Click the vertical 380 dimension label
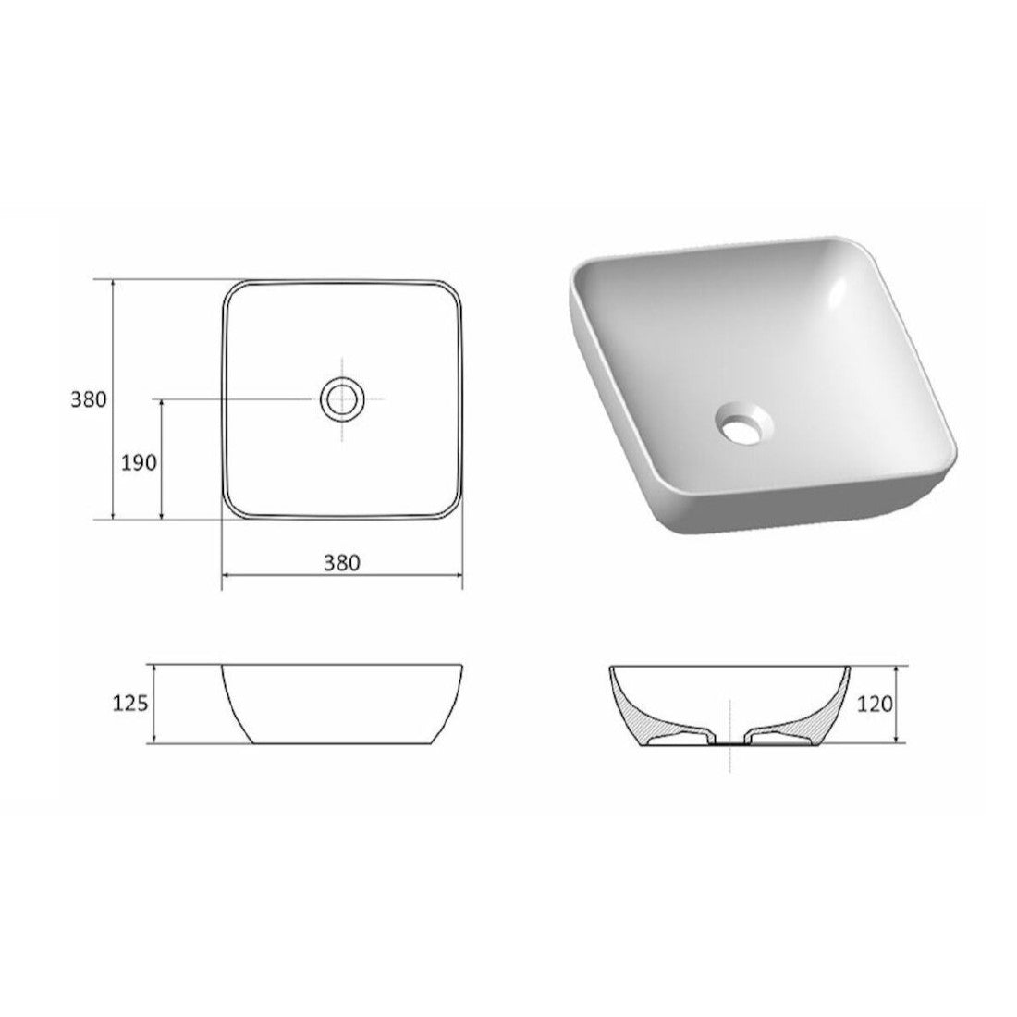(x=88, y=399)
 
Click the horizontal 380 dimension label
(x=342, y=563)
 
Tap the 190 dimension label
(x=140, y=462)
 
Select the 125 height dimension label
(x=131, y=703)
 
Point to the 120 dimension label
(x=875, y=703)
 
